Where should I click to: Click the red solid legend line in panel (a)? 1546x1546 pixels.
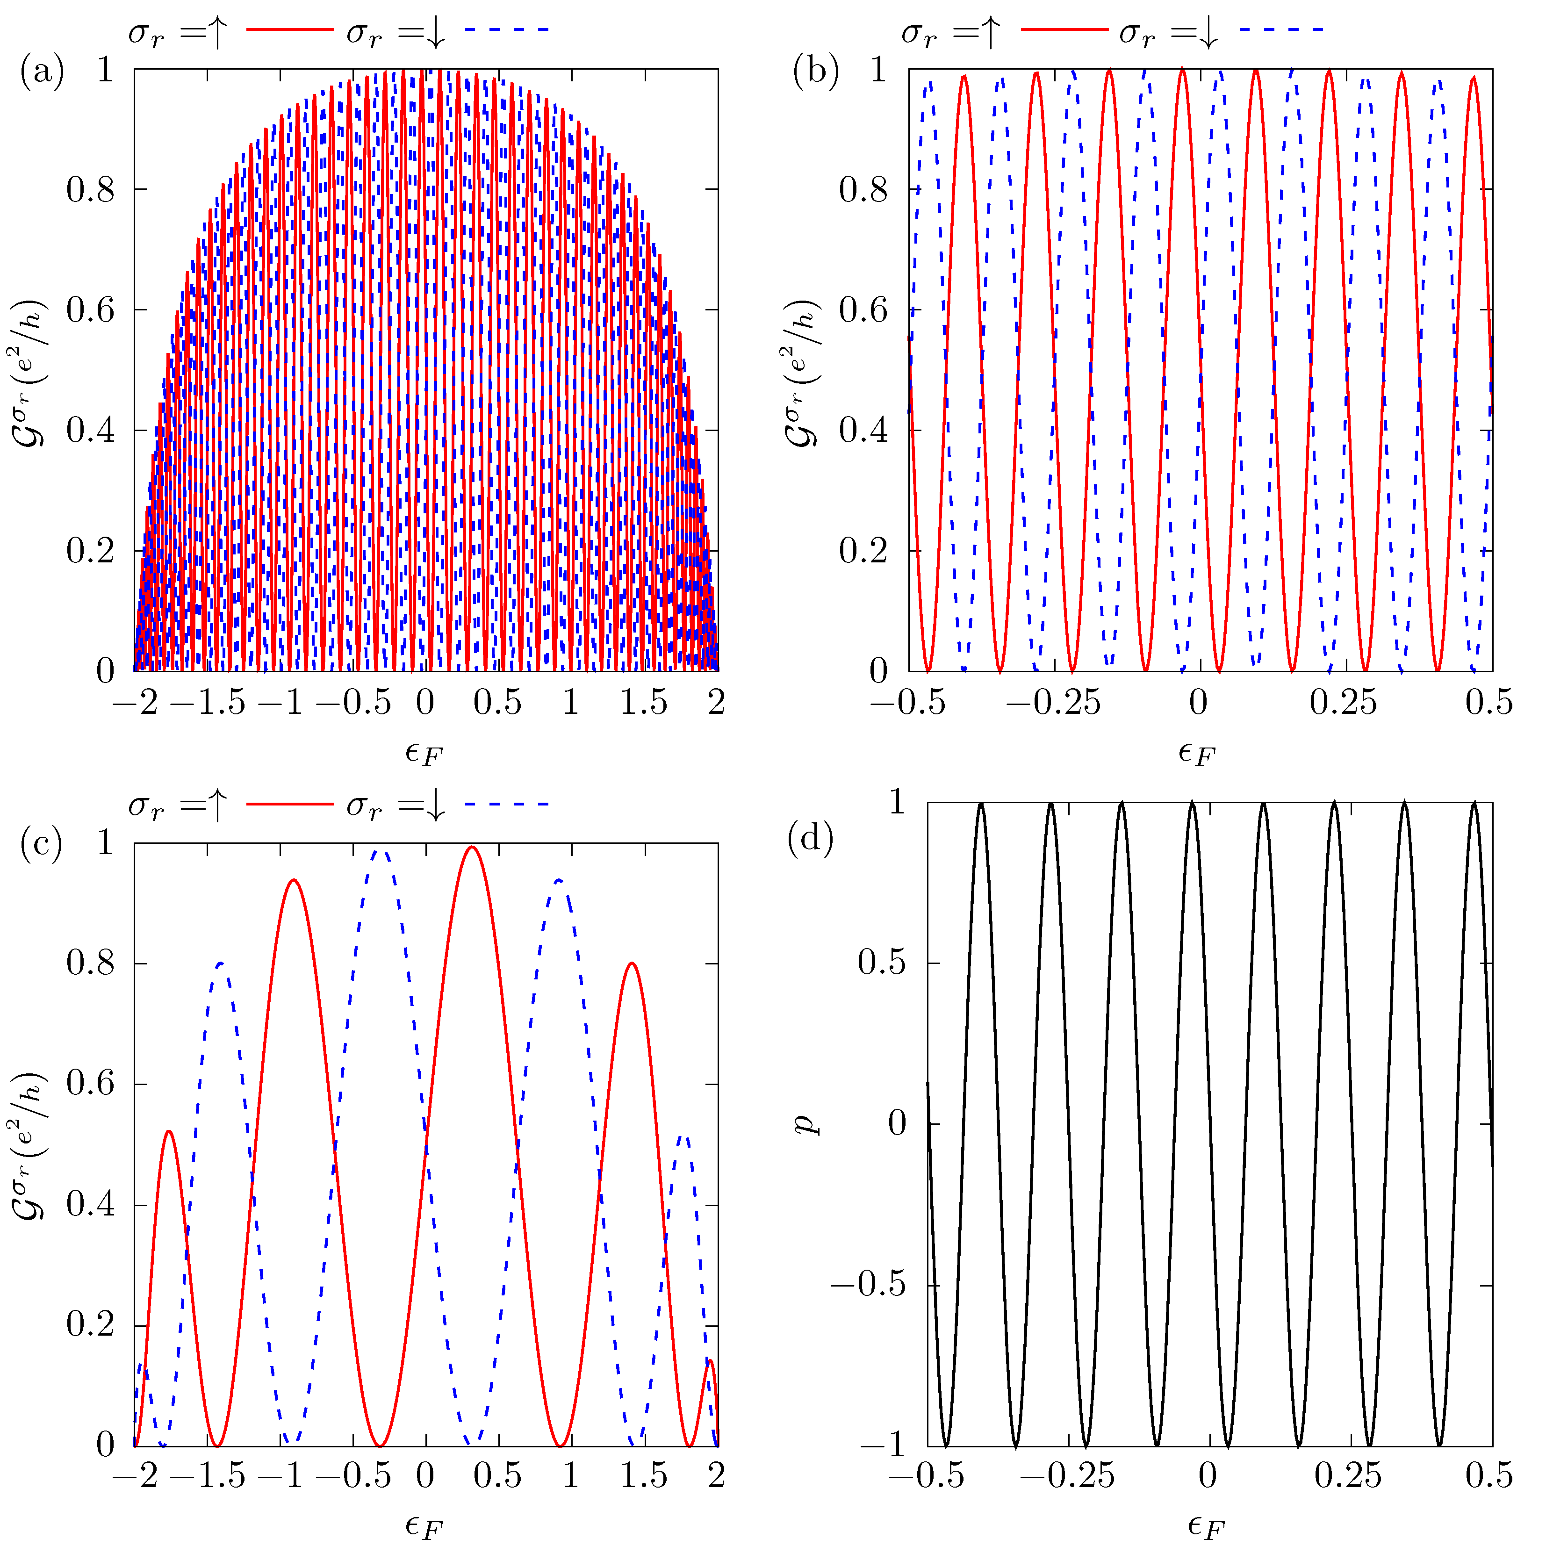click(290, 29)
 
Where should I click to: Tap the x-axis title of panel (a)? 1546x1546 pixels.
click(424, 752)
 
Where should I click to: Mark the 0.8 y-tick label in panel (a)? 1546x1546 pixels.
click(90, 190)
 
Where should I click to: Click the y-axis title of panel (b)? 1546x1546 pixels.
click(800, 373)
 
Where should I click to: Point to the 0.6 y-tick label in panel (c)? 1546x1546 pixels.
click(90, 1084)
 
